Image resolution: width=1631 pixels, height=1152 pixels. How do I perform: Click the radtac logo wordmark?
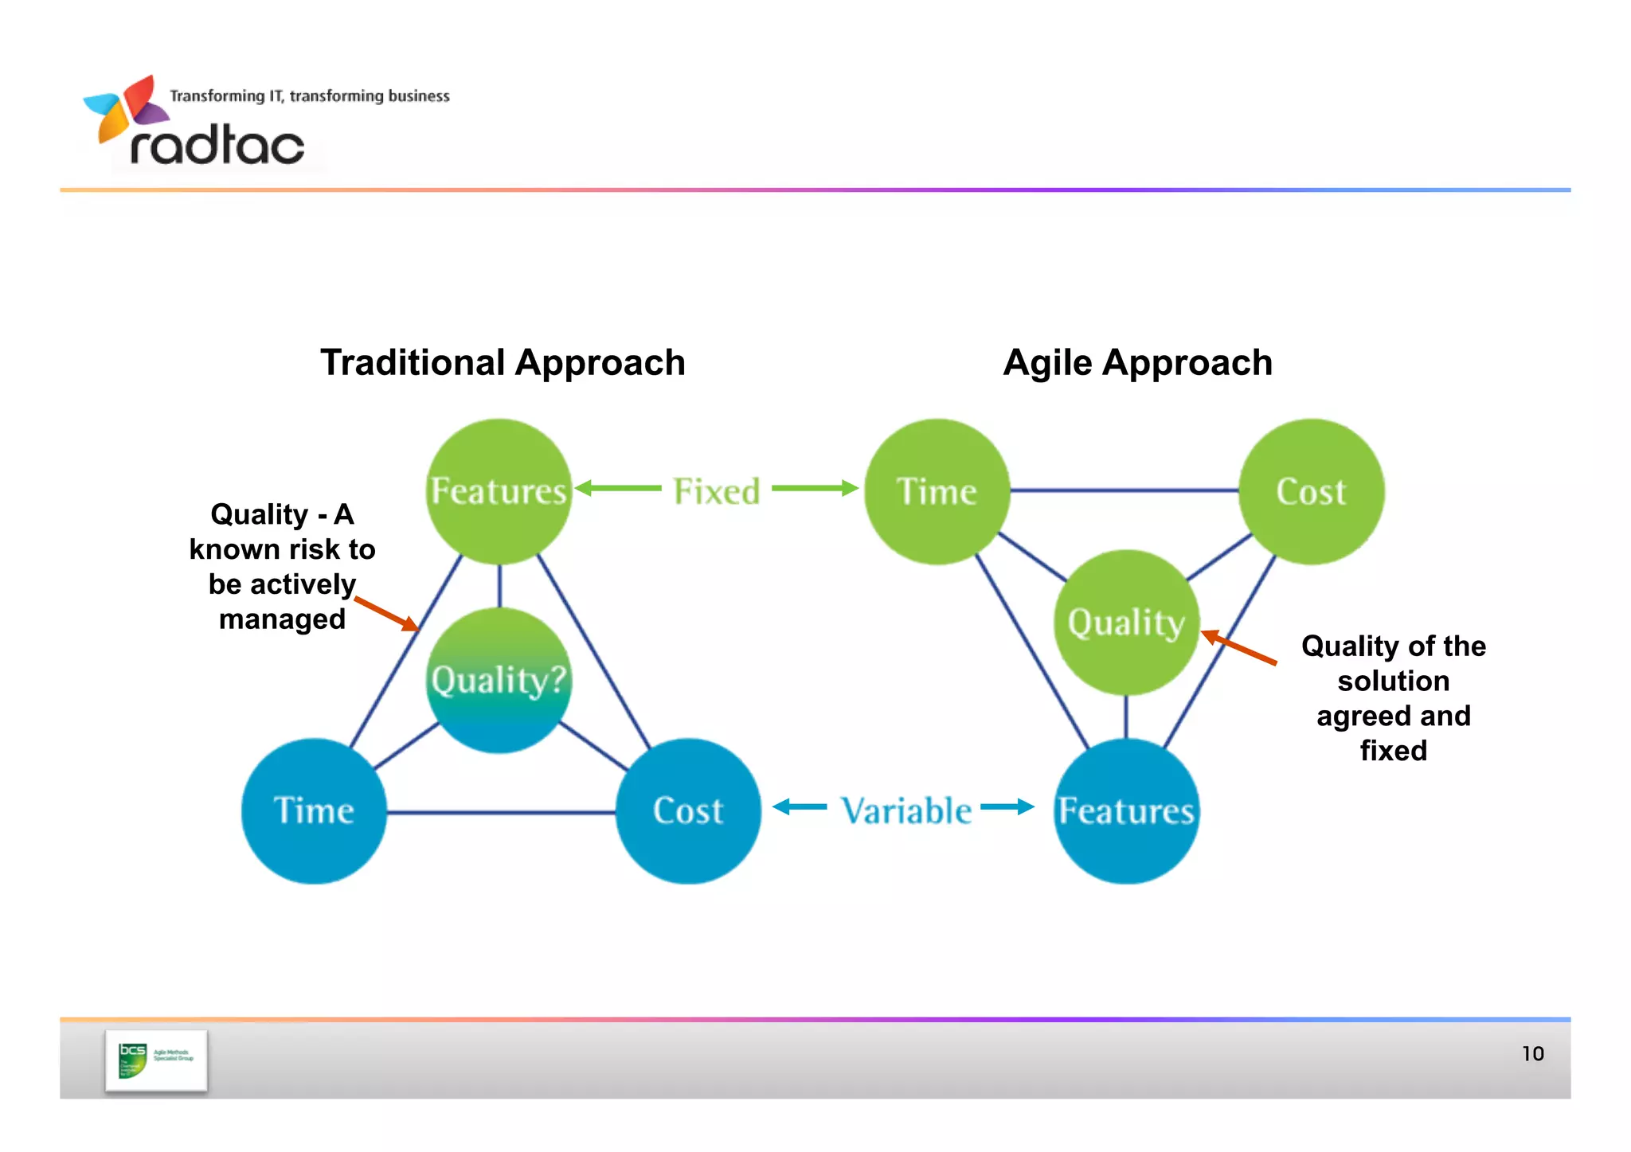coord(217,146)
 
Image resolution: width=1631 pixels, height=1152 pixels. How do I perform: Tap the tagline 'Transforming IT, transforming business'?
coord(309,96)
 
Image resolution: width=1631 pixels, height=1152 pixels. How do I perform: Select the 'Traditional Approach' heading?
coord(503,363)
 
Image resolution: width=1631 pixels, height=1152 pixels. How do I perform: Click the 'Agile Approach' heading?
coord(1137,363)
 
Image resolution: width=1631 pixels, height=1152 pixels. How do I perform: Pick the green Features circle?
coord(499,491)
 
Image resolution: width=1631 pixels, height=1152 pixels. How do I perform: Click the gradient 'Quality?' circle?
coord(499,681)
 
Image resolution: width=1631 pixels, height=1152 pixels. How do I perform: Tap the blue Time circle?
coord(314,810)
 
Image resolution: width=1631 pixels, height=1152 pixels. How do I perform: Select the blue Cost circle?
coord(688,810)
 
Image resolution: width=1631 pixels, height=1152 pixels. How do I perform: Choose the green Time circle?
coord(937,491)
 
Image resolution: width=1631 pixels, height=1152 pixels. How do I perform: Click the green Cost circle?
coord(1311,491)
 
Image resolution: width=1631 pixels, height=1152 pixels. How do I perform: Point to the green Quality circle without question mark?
coord(1126,622)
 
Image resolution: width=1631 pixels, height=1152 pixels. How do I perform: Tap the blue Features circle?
coord(1126,810)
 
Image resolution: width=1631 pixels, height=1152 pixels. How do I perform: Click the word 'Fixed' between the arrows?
coord(716,491)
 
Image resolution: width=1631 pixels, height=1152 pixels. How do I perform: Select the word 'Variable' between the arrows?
coord(906,810)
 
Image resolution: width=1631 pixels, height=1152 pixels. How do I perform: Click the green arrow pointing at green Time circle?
coord(815,488)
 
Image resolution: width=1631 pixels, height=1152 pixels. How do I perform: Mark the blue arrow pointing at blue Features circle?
coord(1007,807)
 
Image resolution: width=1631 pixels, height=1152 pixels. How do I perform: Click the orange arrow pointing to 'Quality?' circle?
coord(387,614)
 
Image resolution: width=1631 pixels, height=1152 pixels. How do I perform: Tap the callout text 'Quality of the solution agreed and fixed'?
coord(1393,698)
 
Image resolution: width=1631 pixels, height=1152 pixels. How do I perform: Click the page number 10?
coord(1532,1054)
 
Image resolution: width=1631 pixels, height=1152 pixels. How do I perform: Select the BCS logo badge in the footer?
coord(156,1060)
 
